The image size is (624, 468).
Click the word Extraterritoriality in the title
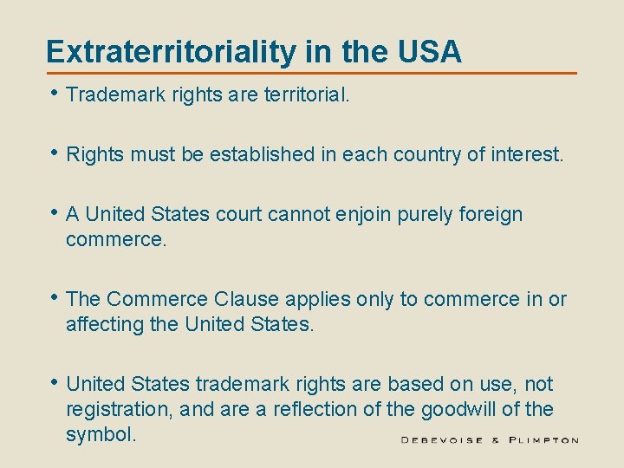(171, 52)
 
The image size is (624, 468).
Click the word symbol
(101, 432)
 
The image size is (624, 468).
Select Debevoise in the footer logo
(443, 440)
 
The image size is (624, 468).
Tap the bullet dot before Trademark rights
(55, 94)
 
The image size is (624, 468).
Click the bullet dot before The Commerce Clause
(55, 298)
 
